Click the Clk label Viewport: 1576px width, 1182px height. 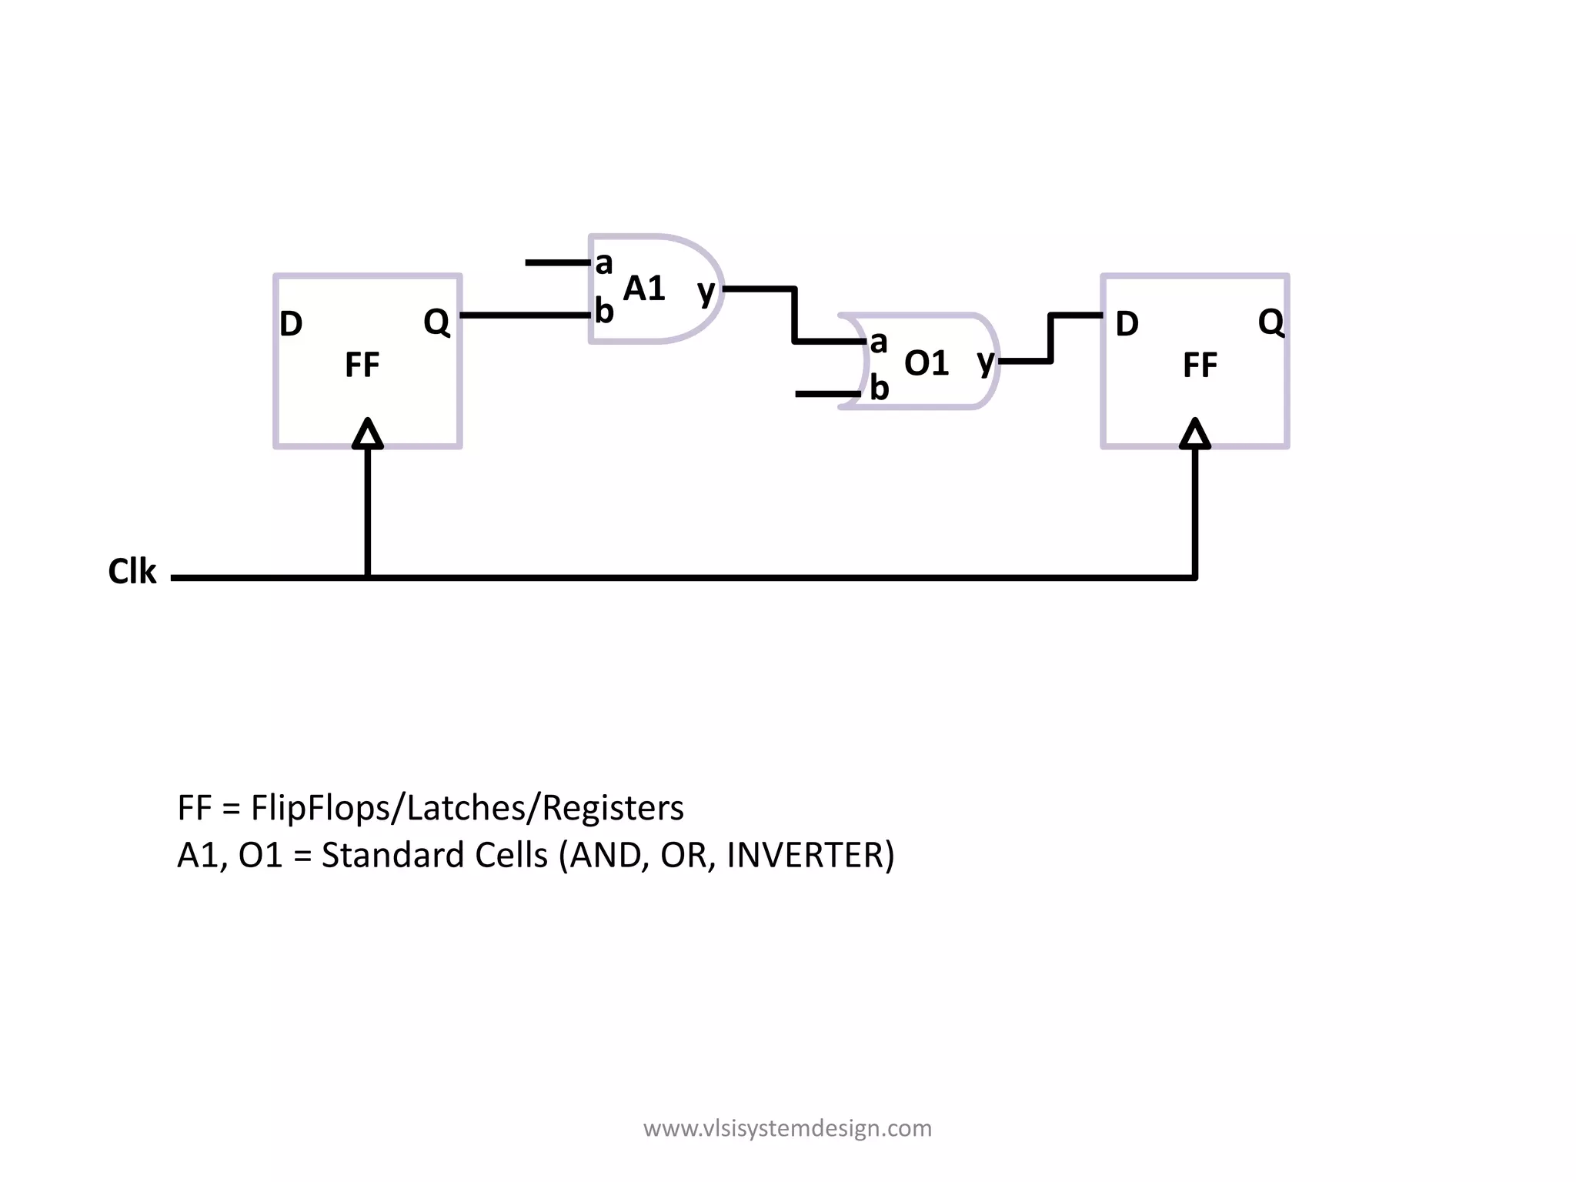pyautogui.click(x=132, y=572)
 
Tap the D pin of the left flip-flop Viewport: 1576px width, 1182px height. pyautogui.click(x=291, y=324)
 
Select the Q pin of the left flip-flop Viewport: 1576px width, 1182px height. pyautogui.click(x=436, y=322)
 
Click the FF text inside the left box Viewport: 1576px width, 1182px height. pyautogui.click(x=362, y=365)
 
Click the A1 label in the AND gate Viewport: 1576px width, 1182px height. pyautogui.click(x=644, y=289)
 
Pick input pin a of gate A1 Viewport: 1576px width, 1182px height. pyautogui.click(x=604, y=263)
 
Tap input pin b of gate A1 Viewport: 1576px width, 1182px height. pyautogui.click(x=604, y=312)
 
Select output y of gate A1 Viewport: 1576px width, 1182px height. pyautogui.click(x=706, y=292)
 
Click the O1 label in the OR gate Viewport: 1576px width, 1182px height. pyautogui.click(x=927, y=363)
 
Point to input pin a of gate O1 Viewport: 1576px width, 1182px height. pyautogui.click(x=879, y=342)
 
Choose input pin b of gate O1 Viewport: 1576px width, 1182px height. pyautogui.click(x=879, y=389)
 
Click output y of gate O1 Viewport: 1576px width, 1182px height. pyautogui.click(x=986, y=361)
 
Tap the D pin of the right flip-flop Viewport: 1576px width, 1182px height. pyautogui.click(x=1127, y=324)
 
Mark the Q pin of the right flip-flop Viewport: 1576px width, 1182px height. pyautogui.click(x=1270, y=322)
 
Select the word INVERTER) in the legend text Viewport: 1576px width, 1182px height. pyautogui.click(x=810, y=855)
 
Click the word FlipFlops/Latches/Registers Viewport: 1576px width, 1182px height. pyautogui.click(x=467, y=808)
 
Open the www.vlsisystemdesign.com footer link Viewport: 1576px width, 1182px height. pyautogui.click(x=787, y=1128)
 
